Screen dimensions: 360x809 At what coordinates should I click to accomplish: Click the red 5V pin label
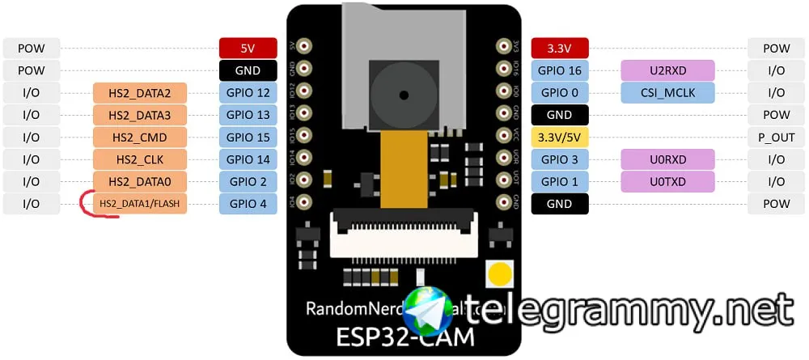click(248, 49)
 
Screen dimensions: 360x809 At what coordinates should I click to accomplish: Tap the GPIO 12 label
click(248, 93)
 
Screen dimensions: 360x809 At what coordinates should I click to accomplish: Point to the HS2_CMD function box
click(141, 138)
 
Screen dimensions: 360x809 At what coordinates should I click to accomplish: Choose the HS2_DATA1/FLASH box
click(141, 204)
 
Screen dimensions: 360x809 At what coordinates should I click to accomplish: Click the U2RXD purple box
click(667, 71)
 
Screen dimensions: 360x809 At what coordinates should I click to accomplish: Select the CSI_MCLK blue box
click(667, 93)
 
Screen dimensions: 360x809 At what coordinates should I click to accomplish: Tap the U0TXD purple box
click(667, 182)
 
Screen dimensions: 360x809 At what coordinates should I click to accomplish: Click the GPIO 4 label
click(248, 204)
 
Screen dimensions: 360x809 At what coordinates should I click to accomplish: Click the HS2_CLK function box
click(141, 159)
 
